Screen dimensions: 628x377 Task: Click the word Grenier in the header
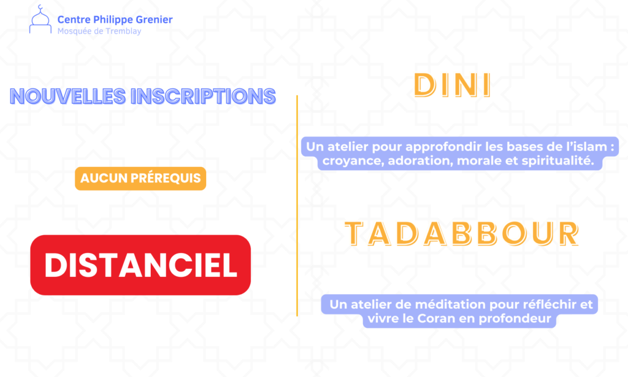(154, 19)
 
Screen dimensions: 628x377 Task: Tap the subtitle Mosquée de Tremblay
(99, 31)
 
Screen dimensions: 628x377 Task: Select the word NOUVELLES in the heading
(67, 96)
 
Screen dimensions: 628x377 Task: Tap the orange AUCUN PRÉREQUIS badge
(140, 178)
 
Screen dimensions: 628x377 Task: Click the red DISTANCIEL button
(140, 265)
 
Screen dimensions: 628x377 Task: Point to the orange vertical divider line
(297, 206)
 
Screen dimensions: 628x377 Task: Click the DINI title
(453, 85)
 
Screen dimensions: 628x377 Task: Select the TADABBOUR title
(462, 233)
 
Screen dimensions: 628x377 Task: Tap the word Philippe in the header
(113, 20)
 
